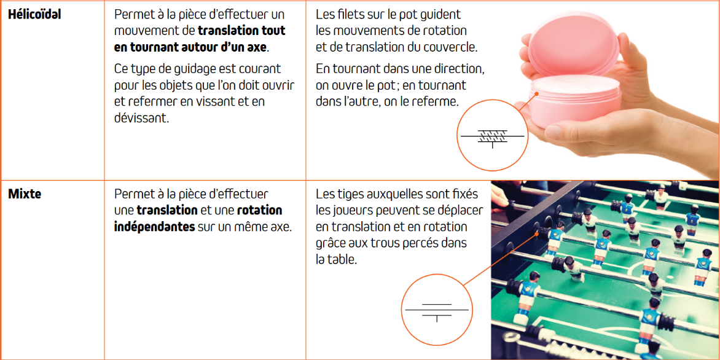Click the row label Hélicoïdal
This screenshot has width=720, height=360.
point(34,14)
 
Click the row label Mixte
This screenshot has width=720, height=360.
point(25,194)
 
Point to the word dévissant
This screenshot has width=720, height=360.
point(139,118)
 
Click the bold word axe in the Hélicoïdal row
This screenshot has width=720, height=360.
point(257,47)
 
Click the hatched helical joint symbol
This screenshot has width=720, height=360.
point(493,137)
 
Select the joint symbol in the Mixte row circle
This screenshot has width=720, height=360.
point(437,311)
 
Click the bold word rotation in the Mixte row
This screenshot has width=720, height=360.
point(260,210)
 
